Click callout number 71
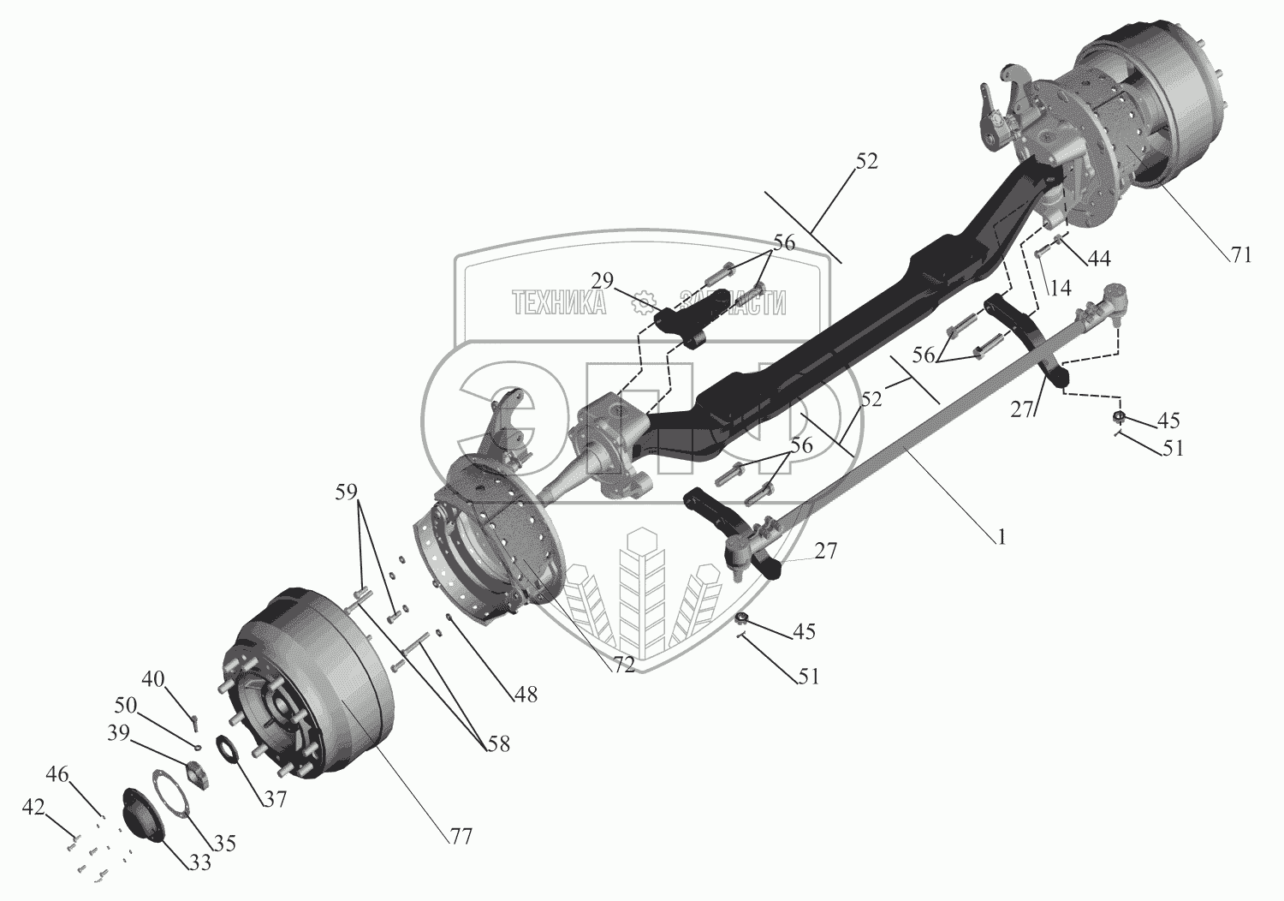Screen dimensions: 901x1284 (1240, 254)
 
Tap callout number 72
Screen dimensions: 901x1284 (623, 664)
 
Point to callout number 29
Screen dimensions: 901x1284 (603, 280)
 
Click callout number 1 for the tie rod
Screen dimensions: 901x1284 (1000, 537)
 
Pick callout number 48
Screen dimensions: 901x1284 (525, 695)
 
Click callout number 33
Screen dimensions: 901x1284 (199, 862)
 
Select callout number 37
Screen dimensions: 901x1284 (275, 799)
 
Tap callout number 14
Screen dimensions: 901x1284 (1060, 289)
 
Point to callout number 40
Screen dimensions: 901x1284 (153, 679)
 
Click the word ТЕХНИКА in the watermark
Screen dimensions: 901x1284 (558, 302)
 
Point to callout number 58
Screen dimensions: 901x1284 (497, 744)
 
